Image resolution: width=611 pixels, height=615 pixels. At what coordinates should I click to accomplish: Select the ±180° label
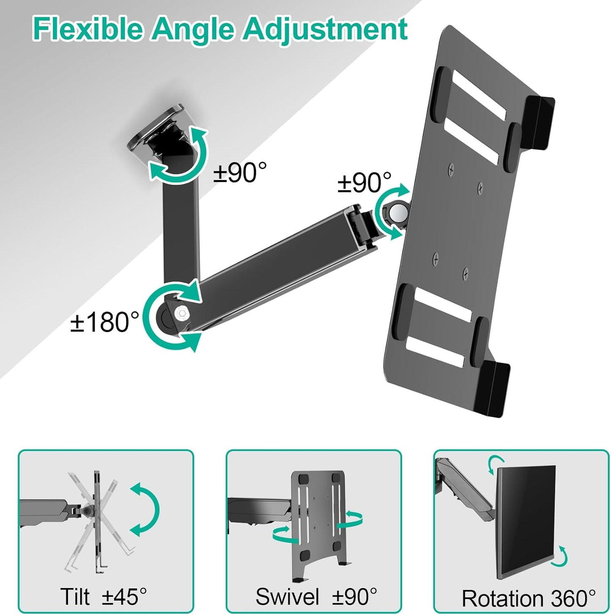[x=105, y=322]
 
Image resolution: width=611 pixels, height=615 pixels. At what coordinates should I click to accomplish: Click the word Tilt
[x=75, y=596]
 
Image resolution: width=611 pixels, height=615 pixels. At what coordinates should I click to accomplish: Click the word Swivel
[x=288, y=596]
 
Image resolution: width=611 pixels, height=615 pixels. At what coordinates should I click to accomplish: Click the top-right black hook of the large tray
[x=539, y=120]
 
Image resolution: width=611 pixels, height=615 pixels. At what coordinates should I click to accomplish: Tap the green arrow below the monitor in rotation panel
[x=561, y=556]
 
